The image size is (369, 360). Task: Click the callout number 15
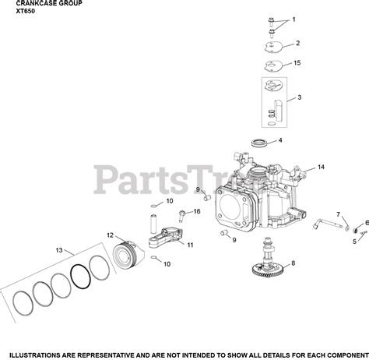click(x=297, y=63)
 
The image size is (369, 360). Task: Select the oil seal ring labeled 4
click(x=259, y=143)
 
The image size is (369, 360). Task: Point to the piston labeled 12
click(x=128, y=256)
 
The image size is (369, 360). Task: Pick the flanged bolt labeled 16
click(x=181, y=216)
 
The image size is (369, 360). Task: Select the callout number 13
click(x=59, y=250)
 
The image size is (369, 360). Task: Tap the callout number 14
click(x=321, y=167)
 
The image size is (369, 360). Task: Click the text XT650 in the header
click(x=26, y=11)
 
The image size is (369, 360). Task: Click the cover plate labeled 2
click(x=274, y=48)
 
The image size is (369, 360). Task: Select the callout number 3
click(x=300, y=97)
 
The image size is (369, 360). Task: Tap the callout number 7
click(x=338, y=214)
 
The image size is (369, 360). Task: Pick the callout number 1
click(x=293, y=19)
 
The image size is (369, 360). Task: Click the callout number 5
click(x=354, y=242)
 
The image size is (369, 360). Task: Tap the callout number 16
click(x=197, y=211)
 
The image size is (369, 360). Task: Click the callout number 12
click(x=110, y=235)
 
